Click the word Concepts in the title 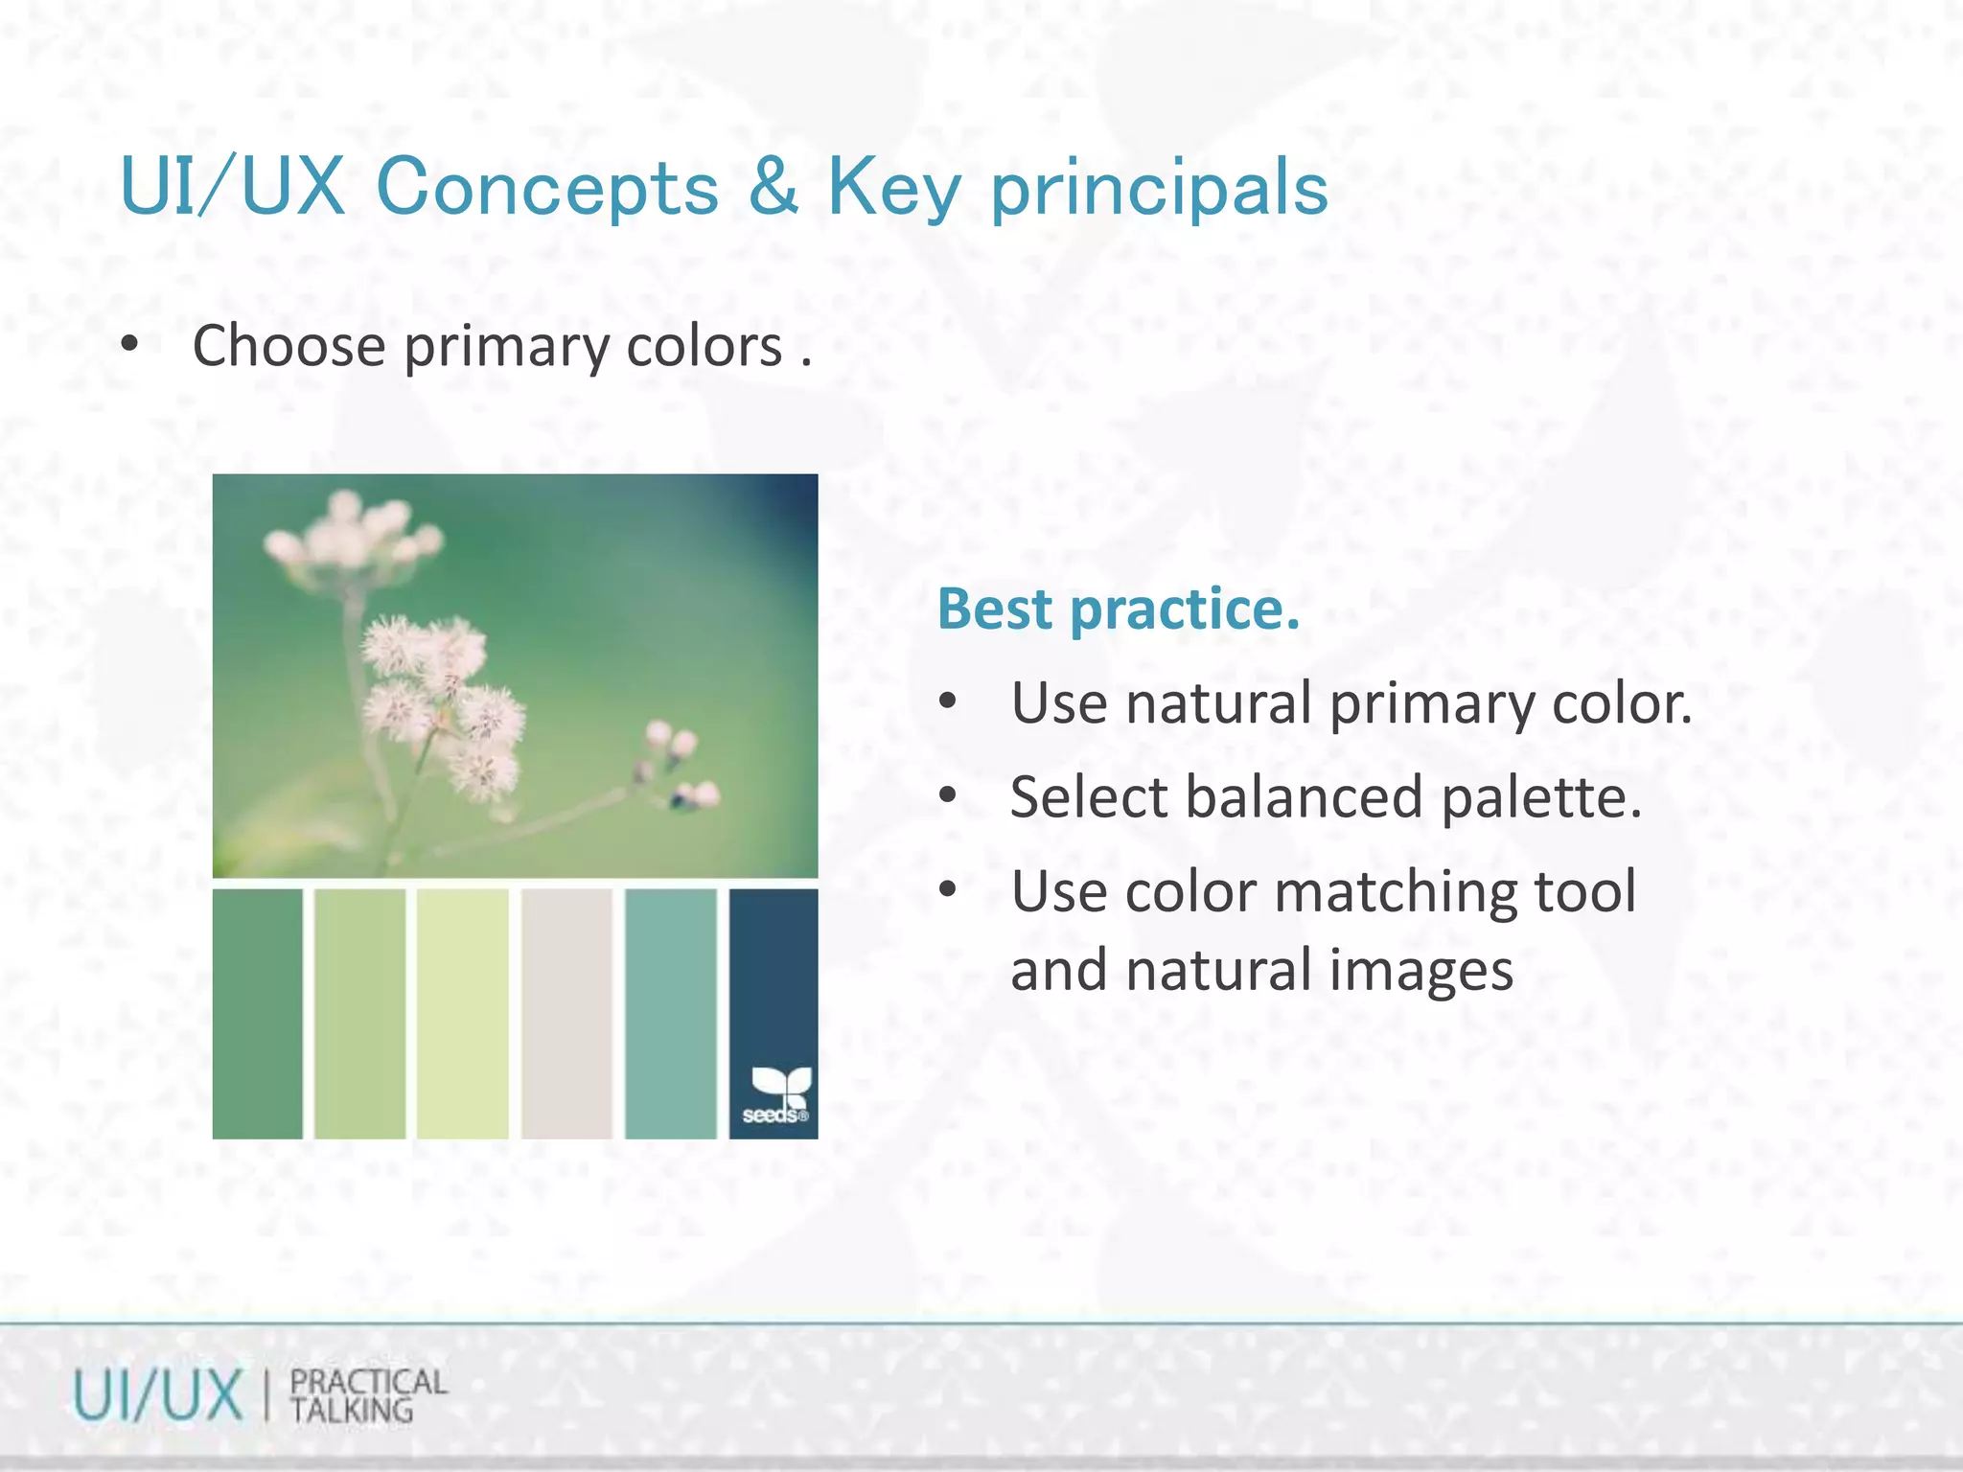546,187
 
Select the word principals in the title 1158,189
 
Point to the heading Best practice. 1118,609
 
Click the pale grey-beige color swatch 566,1014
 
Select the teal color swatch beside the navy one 670,1014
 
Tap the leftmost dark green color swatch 257,1014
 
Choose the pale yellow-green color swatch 462,1014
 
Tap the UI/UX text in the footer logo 158,1395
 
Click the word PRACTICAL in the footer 368,1382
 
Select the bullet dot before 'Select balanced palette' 948,795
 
